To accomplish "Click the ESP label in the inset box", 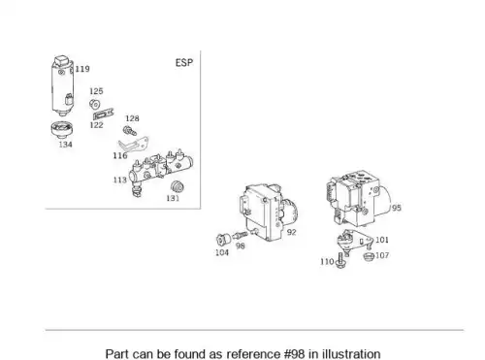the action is pyautogui.click(x=184, y=62).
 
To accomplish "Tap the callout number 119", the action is pyautogui.click(x=82, y=69).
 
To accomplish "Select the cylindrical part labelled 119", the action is pyautogui.click(x=63, y=85).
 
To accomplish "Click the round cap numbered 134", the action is pyautogui.click(x=62, y=129).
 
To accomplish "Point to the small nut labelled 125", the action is pyautogui.click(x=94, y=104).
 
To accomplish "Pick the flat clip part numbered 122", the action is pyautogui.click(x=104, y=115).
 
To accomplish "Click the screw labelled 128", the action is pyautogui.click(x=130, y=131).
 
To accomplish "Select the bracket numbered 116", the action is pyautogui.click(x=133, y=145).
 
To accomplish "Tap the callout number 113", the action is pyautogui.click(x=120, y=180).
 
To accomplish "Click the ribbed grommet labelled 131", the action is pyautogui.click(x=178, y=187).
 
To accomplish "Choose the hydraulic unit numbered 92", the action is pyautogui.click(x=269, y=212).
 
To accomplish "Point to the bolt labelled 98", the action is pyautogui.click(x=240, y=235).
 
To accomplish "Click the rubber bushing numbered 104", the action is pyautogui.click(x=223, y=240).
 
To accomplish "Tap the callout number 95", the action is pyautogui.click(x=397, y=208).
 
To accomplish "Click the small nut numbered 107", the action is pyautogui.click(x=369, y=256).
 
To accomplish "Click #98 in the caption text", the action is pyautogui.click(x=294, y=354).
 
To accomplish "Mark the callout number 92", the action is pyautogui.click(x=291, y=232).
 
